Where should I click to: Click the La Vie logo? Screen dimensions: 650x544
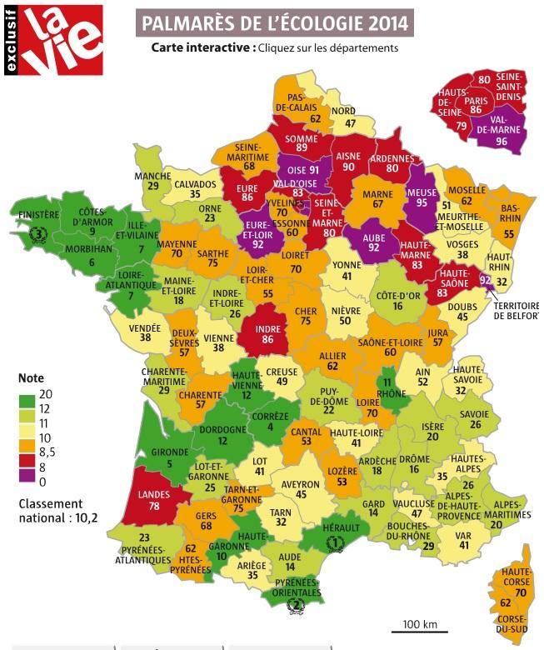point(53,39)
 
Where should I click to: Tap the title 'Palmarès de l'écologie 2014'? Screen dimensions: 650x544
point(274,23)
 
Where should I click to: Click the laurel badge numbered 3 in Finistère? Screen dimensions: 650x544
point(36,234)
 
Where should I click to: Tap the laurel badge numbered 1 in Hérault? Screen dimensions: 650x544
point(334,542)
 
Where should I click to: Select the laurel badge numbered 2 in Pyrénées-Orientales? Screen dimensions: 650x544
point(293,605)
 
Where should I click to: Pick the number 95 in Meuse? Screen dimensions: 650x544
point(422,202)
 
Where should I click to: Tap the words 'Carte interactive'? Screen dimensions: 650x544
point(202,47)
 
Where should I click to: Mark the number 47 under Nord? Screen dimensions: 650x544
point(350,123)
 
